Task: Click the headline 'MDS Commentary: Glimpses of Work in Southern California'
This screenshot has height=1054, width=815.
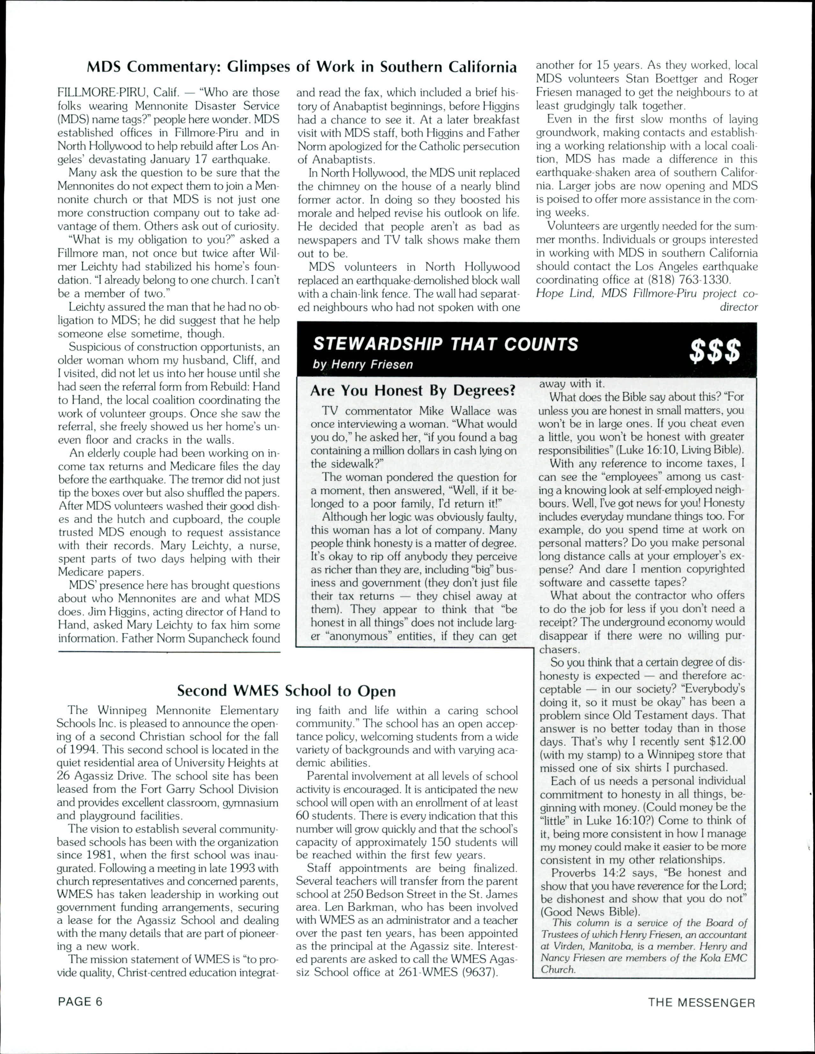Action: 302,67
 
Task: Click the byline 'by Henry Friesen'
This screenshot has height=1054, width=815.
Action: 362,364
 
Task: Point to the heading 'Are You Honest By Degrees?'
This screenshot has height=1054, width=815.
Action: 413,391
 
